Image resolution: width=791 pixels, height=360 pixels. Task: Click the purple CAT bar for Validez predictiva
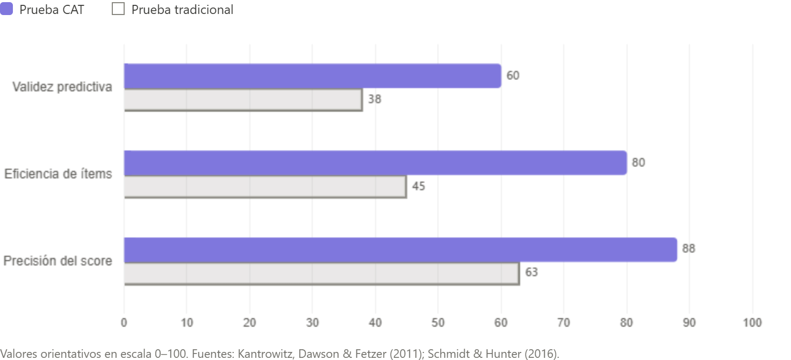click(x=312, y=75)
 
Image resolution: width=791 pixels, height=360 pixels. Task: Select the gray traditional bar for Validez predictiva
click(x=243, y=100)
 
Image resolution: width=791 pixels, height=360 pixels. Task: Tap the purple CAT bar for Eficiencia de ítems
click(x=375, y=162)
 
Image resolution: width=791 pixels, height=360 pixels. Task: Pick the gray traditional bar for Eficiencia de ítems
click(x=265, y=187)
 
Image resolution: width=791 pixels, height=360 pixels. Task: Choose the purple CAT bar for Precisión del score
click(x=400, y=249)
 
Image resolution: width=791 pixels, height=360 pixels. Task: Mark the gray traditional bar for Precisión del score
click(x=322, y=273)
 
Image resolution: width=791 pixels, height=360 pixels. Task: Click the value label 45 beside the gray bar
click(x=418, y=187)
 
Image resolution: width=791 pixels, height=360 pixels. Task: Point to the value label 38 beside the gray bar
click(x=374, y=100)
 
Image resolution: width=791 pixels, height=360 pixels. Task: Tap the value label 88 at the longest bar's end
click(x=688, y=249)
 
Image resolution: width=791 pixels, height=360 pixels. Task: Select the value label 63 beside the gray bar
click(x=531, y=273)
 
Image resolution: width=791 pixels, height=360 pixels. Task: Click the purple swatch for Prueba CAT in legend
click(x=6, y=9)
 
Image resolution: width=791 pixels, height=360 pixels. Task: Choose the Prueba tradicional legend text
click(x=182, y=10)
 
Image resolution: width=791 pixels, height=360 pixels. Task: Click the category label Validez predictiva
click(x=62, y=88)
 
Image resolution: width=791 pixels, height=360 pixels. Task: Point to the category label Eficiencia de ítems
click(x=58, y=174)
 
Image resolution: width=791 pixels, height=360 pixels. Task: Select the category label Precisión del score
click(x=58, y=261)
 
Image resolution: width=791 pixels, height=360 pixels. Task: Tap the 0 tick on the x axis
click(x=124, y=322)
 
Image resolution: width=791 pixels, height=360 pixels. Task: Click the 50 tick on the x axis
click(x=438, y=322)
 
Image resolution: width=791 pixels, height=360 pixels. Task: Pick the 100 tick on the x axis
click(x=752, y=322)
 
